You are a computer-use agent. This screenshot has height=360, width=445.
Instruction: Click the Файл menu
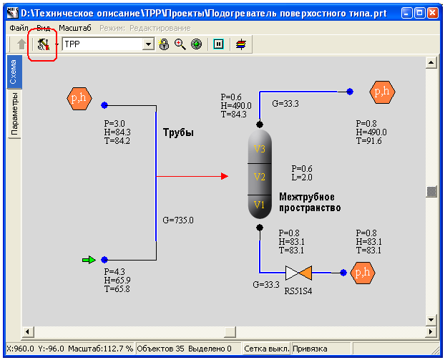pyautogui.click(x=18, y=28)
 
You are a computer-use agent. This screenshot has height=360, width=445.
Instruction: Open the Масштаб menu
pyautogui.click(x=75, y=28)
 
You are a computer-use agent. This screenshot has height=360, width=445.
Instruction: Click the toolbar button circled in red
pyautogui.click(x=42, y=44)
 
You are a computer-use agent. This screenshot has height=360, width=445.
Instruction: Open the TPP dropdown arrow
pyautogui.click(x=148, y=44)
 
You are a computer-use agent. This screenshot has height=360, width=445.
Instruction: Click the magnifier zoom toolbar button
pyautogui.click(x=180, y=44)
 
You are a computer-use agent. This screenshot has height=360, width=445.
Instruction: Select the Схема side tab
pyautogui.click(x=14, y=72)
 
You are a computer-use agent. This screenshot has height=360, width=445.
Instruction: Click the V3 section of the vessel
pyautogui.click(x=260, y=149)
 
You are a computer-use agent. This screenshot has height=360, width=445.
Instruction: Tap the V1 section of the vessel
pyautogui.click(x=260, y=205)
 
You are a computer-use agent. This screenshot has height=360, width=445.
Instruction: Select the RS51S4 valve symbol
pyautogui.click(x=296, y=273)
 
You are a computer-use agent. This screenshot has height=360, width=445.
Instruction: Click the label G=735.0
pyautogui.click(x=178, y=220)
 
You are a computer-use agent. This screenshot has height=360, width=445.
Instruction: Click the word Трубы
pyautogui.click(x=178, y=133)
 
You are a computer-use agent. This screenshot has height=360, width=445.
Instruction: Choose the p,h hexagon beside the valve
pyautogui.click(x=364, y=272)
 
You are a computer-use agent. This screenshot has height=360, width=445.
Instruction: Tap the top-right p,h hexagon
pyautogui.click(x=382, y=92)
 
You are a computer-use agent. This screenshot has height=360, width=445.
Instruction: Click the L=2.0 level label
pyautogui.click(x=301, y=177)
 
